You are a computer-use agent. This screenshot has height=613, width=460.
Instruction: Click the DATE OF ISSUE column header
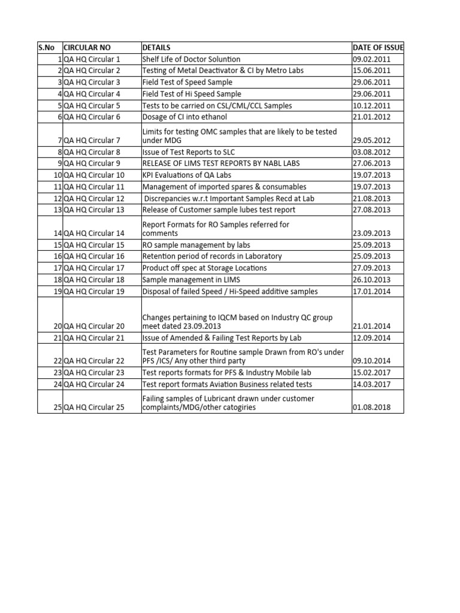pos(378,47)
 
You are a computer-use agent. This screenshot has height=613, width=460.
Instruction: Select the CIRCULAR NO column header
pos(87,47)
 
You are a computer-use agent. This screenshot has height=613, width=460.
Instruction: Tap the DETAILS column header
pos(156,47)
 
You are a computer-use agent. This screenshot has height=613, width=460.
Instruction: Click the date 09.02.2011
pos(372,59)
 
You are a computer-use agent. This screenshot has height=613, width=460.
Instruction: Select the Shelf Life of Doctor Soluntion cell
pos(191,59)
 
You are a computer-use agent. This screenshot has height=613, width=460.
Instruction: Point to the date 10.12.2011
pos(372,106)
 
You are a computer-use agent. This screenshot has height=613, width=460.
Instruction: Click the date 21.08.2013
pos(372,198)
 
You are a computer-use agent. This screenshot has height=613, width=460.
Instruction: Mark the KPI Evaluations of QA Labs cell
pos(186,175)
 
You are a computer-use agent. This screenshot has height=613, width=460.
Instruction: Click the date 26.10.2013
pos(372,280)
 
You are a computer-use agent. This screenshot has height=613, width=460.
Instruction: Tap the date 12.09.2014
pos(372,338)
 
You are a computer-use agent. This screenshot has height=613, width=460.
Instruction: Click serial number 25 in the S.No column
pos(57,408)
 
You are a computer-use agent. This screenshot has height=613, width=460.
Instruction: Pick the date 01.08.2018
pos(372,408)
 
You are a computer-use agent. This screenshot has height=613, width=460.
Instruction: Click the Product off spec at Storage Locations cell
pos(204,268)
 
